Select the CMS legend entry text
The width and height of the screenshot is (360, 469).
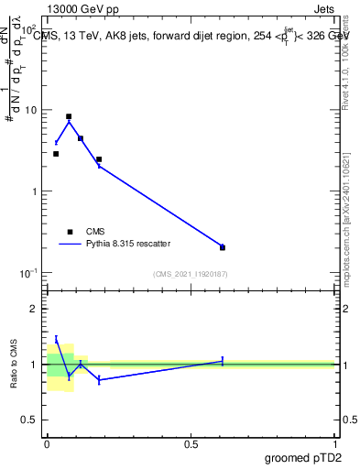[x=96, y=232]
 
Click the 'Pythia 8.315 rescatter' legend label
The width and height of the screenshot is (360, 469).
[x=127, y=245]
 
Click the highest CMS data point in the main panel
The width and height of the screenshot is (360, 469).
[x=69, y=116]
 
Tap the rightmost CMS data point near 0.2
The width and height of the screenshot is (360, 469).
[x=223, y=247]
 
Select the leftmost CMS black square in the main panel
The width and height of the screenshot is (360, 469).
[x=56, y=154]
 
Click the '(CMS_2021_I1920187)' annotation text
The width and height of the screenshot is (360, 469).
[x=191, y=274]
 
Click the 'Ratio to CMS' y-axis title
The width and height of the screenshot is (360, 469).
[x=15, y=364]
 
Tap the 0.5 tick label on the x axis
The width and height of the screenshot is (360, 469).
[x=191, y=444]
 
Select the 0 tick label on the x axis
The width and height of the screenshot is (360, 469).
[x=47, y=444]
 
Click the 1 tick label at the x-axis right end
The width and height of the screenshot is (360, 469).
[x=335, y=444]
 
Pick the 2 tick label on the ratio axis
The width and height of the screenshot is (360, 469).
[x=34, y=309]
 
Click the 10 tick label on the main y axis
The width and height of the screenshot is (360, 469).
[x=30, y=110]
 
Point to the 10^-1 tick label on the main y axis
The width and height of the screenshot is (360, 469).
[x=28, y=273]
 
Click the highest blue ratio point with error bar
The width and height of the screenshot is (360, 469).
[x=56, y=339]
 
